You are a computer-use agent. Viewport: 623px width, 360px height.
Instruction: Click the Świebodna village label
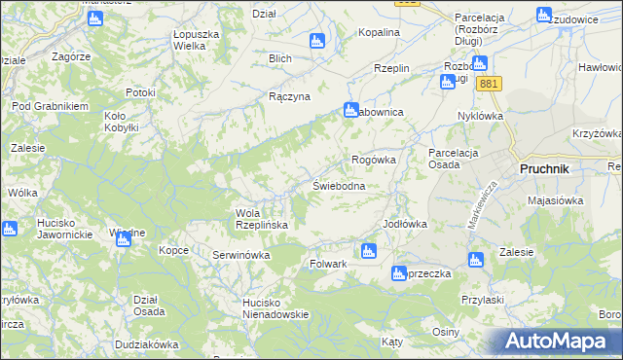click(x=339, y=186)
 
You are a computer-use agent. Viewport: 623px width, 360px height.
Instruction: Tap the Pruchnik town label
click(x=545, y=167)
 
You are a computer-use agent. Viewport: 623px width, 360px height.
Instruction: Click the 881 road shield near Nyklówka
click(x=489, y=85)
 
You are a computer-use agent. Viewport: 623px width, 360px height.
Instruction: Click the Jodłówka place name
click(x=405, y=224)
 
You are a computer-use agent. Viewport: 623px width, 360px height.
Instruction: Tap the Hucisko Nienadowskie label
click(x=275, y=307)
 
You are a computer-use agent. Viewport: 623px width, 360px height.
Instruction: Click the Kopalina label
click(x=379, y=32)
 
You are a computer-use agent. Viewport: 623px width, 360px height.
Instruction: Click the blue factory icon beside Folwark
click(x=367, y=252)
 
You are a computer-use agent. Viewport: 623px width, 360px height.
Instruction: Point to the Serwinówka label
click(x=240, y=255)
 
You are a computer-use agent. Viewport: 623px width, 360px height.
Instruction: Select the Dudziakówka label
click(x=146, y=344)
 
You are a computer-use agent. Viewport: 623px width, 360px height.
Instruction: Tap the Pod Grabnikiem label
click(x=51, y=106)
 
